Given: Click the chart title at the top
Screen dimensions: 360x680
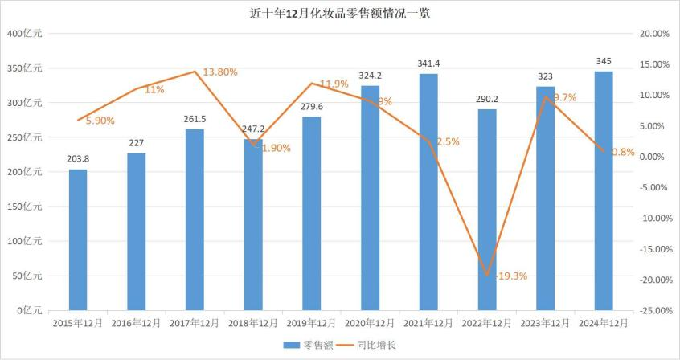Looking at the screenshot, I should coord(340,14).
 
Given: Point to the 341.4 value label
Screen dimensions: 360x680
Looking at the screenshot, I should coord(428,63).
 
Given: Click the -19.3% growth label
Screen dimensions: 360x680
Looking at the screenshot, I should coord(511,276).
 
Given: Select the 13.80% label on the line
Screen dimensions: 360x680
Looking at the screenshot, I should coord(219,72).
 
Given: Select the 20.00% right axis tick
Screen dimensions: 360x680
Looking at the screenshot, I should coord(653,34).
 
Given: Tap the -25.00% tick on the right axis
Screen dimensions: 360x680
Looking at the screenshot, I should coord(651,310).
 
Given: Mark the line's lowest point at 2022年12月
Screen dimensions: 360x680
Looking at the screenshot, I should coord(487,275).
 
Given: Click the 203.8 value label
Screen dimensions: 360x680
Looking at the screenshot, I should coord(78,158).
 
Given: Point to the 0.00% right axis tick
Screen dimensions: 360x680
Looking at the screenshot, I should coord(655,157).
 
